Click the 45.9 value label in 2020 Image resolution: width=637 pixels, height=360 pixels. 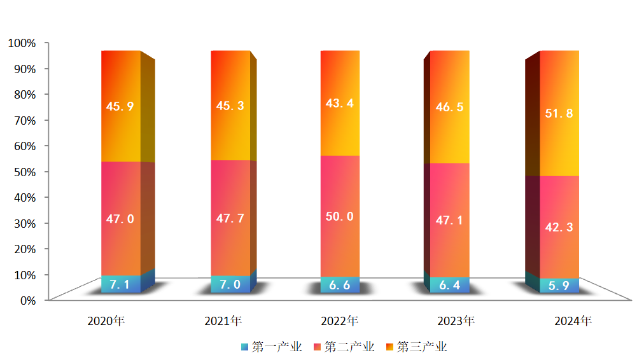click(120, 107)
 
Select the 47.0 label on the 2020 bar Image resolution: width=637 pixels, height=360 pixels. click(120, 219)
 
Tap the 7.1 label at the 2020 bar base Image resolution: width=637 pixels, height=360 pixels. click(120, 285)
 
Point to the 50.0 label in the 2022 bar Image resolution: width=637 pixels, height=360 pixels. click(340, 216)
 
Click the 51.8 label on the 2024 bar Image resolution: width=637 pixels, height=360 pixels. click(559, 114)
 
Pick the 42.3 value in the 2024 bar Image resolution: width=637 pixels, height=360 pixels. click(559, 227)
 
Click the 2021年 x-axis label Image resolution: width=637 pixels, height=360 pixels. click(223, 321)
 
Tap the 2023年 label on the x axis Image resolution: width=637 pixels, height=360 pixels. click(456, 321)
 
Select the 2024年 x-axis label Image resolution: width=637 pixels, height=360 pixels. click(573, 321)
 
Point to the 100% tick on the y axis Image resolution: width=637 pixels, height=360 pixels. click(22, 43)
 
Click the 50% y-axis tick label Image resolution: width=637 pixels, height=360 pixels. click(25, 171)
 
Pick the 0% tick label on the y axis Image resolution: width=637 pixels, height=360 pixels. click(27, 300)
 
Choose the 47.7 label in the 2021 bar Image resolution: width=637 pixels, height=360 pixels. click(230, 218)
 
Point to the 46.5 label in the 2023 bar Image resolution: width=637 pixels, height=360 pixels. click(449, 107)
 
